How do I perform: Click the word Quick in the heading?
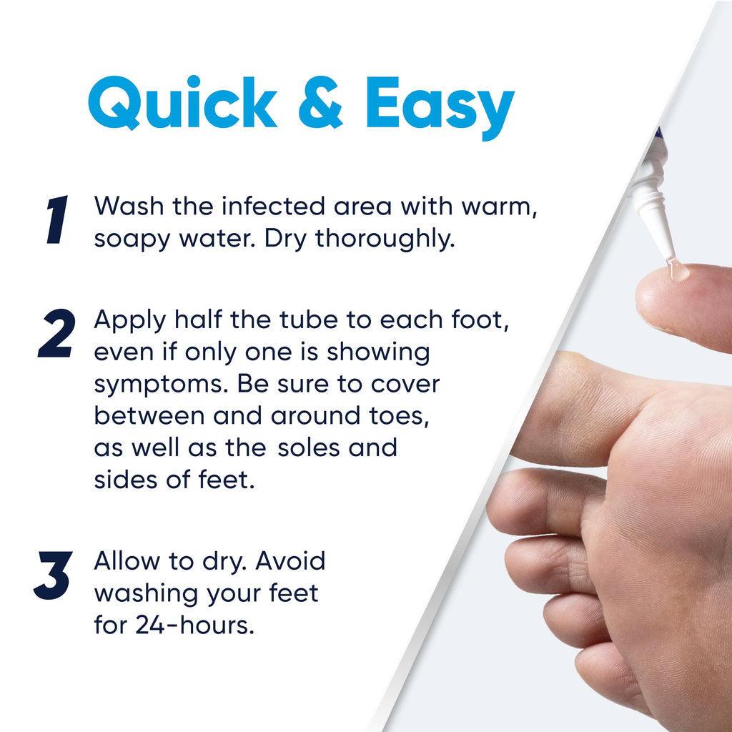(182, 102)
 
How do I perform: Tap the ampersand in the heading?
(320, 103)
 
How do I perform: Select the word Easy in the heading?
(440, 107)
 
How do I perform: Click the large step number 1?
(57, 219)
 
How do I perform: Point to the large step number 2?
(56, 333)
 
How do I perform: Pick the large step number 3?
(53, 575)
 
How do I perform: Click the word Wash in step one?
(129, 206)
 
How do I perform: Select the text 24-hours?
(194, 625)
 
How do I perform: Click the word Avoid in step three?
(290, 560)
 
